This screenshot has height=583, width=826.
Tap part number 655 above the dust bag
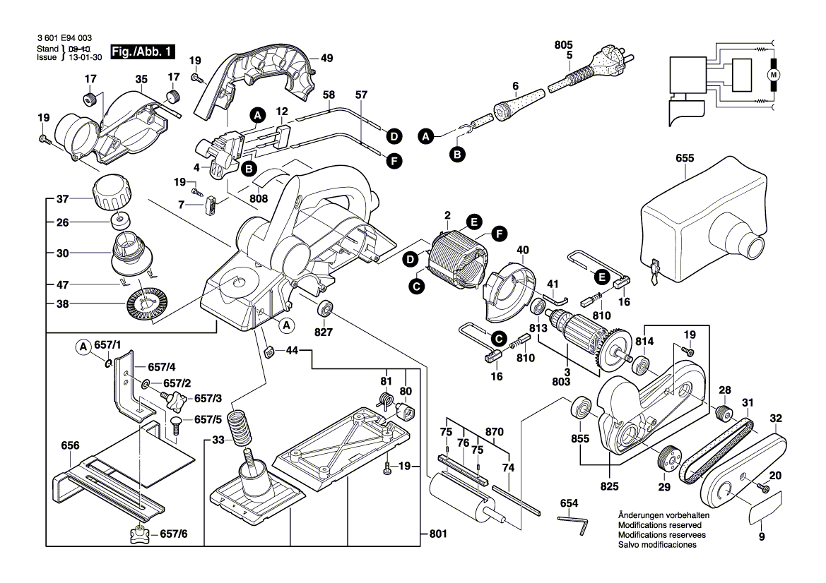coord(685,159)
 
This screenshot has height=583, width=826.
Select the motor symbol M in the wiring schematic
coord(772,75)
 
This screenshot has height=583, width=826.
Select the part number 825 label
coord(608,486)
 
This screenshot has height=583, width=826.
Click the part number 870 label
coord(495,431)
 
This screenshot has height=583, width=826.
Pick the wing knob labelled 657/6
coord(141,535)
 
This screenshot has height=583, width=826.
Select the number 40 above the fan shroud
coord(522,250)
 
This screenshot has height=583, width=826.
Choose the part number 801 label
coord(438,534)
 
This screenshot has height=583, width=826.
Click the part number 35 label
coord(141,79)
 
